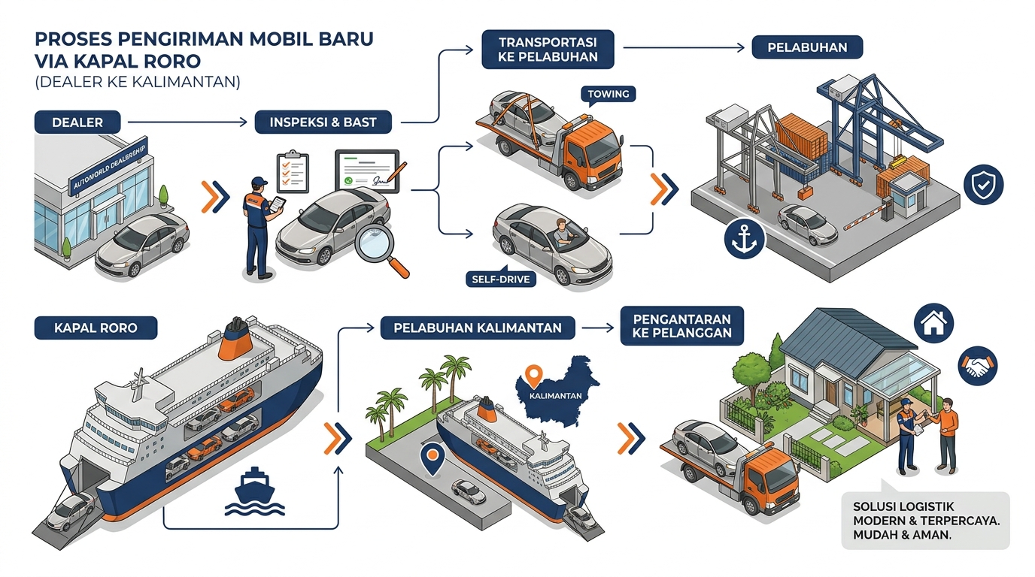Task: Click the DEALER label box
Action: pos(77,122)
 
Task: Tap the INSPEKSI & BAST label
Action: pos(323,122)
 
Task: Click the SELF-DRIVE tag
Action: pos(501,278)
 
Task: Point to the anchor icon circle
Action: pos(745,239)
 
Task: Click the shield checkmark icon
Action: pos(984,185)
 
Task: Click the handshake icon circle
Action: pos(978,366)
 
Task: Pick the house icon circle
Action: pos(933,323)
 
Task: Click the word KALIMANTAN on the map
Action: pos(555,396)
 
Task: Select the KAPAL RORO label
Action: pos(96,328)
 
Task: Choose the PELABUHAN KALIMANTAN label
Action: pos(478,328)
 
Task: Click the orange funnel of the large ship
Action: pos(235,340)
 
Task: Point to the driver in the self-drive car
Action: pos(563,232)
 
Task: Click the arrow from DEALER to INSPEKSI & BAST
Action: pos(187,122)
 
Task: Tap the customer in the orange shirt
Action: pos(946,435)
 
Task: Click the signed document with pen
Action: pos(369,171)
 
